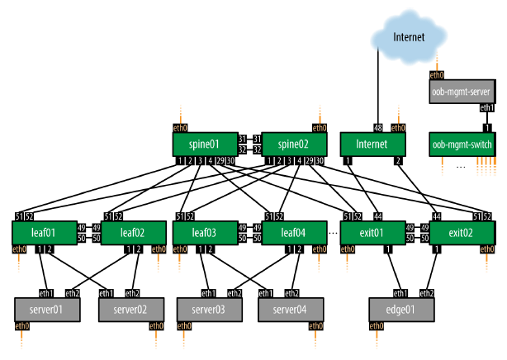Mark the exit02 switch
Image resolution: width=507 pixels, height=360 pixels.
pyautogui.click(x=463, y=234)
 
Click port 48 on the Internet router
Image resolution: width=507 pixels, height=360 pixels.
pyautogui.click(x=378, y=127)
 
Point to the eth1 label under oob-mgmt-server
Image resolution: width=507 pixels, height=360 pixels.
pyautogui.click(x=488, y=108)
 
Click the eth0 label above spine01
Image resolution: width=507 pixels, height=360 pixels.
pyautogui.click(x=180, y=127)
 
